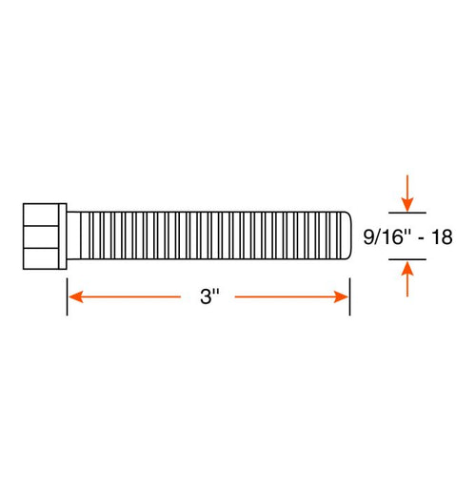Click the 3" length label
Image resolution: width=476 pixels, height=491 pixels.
209,297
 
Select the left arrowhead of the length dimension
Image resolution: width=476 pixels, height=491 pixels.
74,297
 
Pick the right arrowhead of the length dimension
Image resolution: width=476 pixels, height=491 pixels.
343,297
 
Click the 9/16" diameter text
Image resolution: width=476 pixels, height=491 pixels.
384,236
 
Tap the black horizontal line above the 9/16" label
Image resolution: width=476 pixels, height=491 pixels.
407,211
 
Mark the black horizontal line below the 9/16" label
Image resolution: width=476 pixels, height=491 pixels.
407,261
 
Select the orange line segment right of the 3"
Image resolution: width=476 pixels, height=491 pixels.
286,297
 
